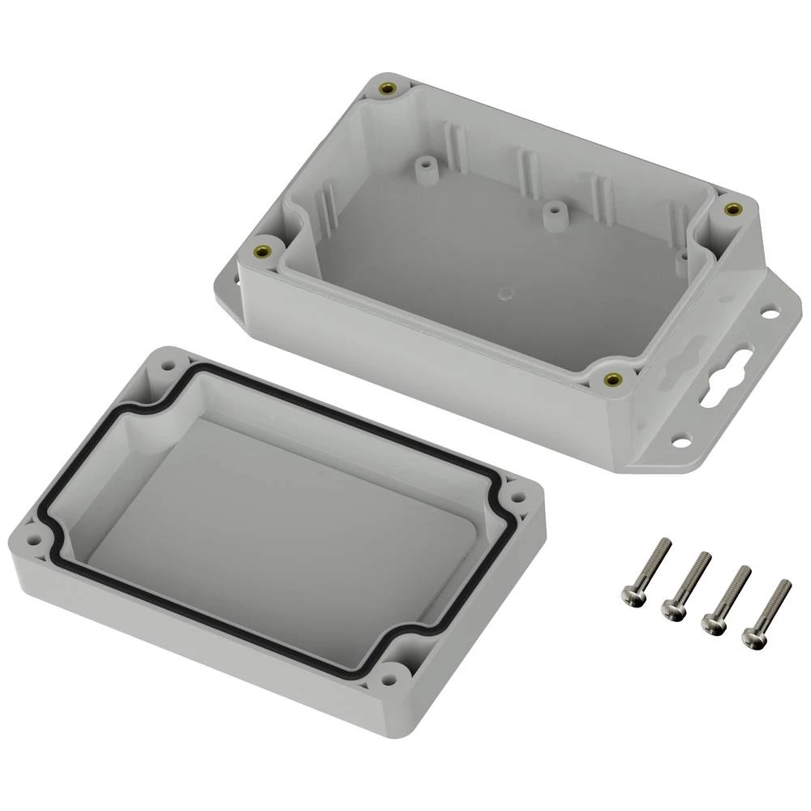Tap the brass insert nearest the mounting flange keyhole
tap(612, 379)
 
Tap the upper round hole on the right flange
tap(771, 310)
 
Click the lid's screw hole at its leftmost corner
tap(33, 534)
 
